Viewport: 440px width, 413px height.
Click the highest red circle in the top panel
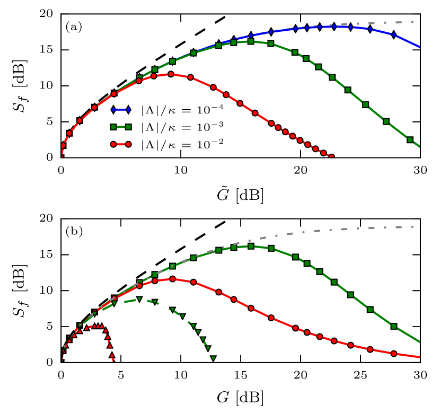point(171,74)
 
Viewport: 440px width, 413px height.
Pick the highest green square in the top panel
point(251,41)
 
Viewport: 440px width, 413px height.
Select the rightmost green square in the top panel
point(410,139)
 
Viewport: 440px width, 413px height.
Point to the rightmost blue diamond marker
point(393,34)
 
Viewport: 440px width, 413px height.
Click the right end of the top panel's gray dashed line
point(413,22)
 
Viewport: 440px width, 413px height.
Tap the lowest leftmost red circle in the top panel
point(63,145)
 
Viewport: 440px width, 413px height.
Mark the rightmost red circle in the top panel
point(323,153)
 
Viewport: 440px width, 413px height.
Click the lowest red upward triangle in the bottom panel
point(112,355)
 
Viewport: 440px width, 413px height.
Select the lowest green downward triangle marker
point(213,358)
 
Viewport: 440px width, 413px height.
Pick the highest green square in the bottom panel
point(251,246)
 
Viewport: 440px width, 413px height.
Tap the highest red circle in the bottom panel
point(172,279)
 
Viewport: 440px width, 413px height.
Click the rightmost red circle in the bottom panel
point(394,354)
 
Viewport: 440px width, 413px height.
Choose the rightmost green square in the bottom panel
point(394,326)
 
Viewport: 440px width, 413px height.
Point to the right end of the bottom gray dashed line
point(413,227)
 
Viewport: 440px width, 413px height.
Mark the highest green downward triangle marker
point(139,299)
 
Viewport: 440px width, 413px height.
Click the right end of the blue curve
point(419,47)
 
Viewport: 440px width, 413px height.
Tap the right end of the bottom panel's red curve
point(419,357)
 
